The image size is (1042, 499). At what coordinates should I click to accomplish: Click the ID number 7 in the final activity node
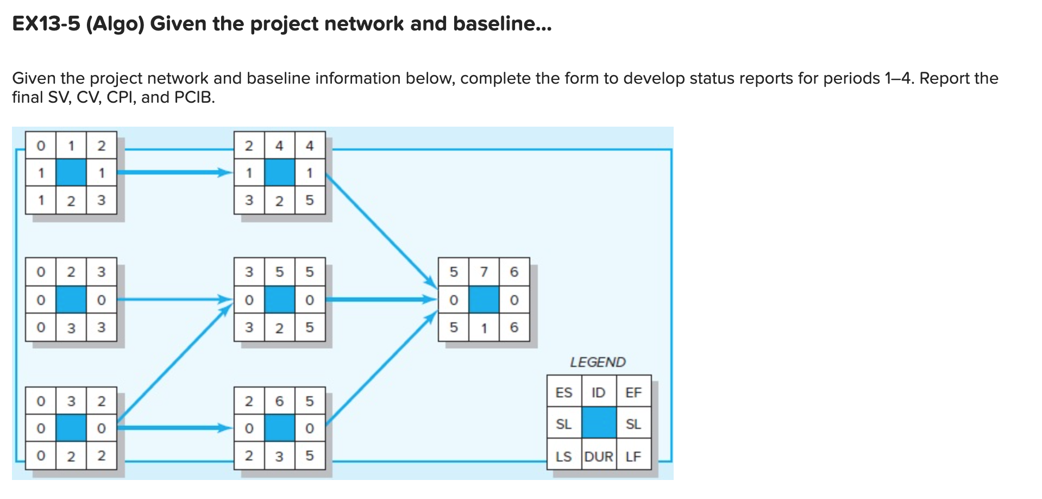click(x=484, y=272)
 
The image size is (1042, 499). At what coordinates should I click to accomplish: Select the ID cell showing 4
click(x=279, y=146)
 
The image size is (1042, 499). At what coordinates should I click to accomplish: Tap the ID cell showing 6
click(x=279, y=401)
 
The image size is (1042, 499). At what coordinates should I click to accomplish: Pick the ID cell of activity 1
click(x=71, y=146)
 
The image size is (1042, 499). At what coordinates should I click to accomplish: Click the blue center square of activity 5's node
click(x=279, y=300)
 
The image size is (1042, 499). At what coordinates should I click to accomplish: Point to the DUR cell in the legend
click(x=599, y=457)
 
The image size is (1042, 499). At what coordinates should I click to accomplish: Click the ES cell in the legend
click(x=564, y=392)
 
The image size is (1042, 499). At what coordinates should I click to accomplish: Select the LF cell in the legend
click(x=633, y=457)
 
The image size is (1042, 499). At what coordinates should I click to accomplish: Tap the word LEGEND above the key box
click(x=598, y=362)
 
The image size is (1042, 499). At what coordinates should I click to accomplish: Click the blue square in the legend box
click(x=599, y=423)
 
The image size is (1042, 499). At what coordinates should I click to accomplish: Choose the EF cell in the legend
click(x=633, y=392)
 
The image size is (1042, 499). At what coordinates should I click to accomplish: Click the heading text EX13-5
click(x=46, y=24)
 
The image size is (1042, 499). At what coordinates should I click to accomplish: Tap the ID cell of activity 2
click(x=71, y=272)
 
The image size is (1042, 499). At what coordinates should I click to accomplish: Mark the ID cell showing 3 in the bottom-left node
click(x=71, y=401)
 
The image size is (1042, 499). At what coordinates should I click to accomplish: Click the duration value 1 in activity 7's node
click(x=484, y=328)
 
